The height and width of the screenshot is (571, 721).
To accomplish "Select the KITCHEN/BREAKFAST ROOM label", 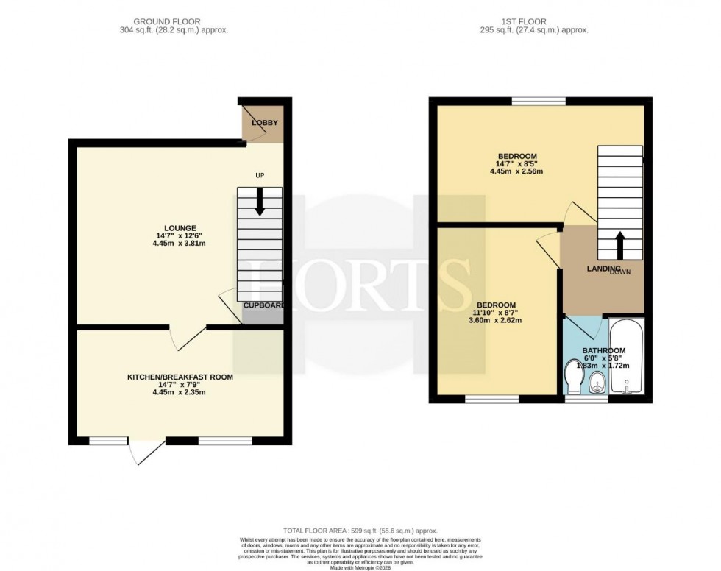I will click(180, 377).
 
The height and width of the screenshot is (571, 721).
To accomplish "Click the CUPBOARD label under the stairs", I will click(264, 305).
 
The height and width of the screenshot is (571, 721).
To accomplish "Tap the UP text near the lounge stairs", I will click(260, 175).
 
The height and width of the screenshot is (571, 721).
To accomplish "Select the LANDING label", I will click(604, 269).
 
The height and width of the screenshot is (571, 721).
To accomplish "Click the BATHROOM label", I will click(604, 350).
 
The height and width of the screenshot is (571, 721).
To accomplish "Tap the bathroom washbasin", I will click(597, 382).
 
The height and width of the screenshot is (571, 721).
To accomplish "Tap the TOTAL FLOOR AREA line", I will click(361, 531).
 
